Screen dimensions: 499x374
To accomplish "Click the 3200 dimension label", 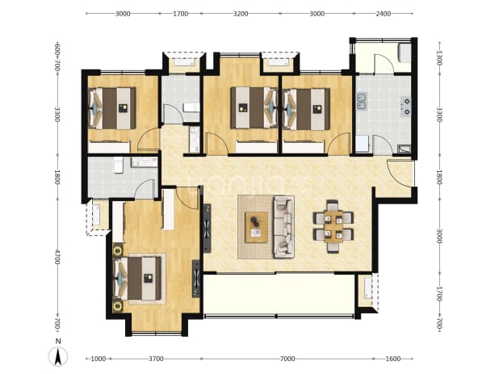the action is tap(241, 14).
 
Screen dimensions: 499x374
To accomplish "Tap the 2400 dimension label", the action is tap(384, 14).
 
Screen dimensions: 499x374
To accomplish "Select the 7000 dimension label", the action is tap(287, 359).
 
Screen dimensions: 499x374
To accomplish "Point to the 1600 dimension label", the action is tap(393, 359).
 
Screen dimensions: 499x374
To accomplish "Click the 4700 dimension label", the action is tap(57, 257).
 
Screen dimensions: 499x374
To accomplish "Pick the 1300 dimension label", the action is tap(439, 58).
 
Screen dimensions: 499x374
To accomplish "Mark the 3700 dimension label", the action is tap(156, 359).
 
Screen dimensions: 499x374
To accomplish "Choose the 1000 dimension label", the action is tap(99, 359).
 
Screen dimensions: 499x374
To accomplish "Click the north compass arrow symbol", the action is tap(58, 357).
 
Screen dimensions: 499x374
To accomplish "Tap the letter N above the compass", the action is tap(58, 341).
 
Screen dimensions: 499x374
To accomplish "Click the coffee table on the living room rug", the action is tap(256, 227).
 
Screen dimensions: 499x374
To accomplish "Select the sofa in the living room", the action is tap(283, 227).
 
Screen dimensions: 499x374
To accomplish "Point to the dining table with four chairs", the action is tap(333, 226).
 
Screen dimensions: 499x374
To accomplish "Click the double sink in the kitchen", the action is tap(362, 101).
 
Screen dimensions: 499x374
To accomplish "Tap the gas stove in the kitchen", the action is tap(406, 107).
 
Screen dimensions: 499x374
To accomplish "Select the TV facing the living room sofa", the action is tap(208, 228).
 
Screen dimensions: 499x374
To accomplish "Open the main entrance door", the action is tap(400, 174).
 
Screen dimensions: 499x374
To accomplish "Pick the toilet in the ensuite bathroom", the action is tap(119, 165).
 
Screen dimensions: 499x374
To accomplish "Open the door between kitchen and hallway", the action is tap(383, 145).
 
